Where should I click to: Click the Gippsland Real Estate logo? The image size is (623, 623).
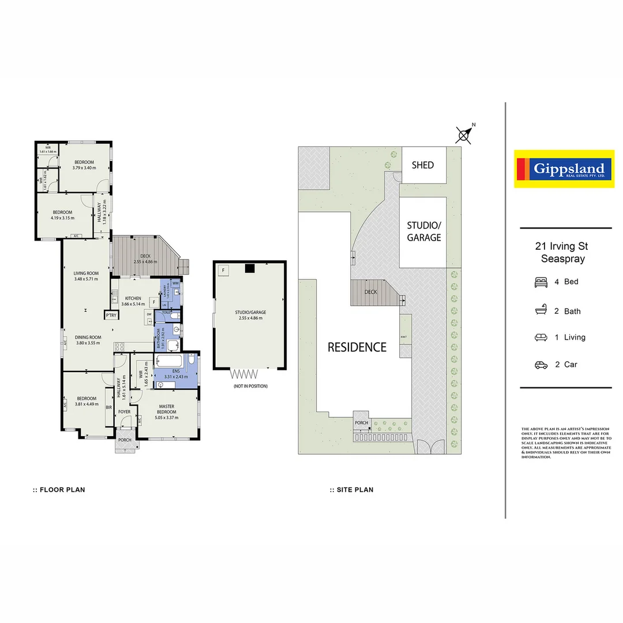[564, 169]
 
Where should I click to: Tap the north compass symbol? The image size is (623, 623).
[464, 135]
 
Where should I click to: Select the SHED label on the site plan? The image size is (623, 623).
[422, 165]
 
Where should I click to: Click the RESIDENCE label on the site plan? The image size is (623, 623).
[357, 347]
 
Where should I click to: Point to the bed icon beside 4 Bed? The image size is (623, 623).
[541, 282]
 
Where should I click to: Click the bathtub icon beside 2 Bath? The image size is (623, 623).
[541, 311]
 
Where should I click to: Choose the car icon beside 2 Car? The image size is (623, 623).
[541, 365]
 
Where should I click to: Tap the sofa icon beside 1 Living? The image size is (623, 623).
[541, 337]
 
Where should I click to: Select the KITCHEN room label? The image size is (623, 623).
[133, 298]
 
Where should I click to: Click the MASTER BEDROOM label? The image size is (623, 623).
[167, 409]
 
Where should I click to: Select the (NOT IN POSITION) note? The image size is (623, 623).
[250, 386]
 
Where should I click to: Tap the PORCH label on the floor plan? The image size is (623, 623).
[125, 440]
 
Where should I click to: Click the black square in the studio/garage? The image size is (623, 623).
[249, 268]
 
